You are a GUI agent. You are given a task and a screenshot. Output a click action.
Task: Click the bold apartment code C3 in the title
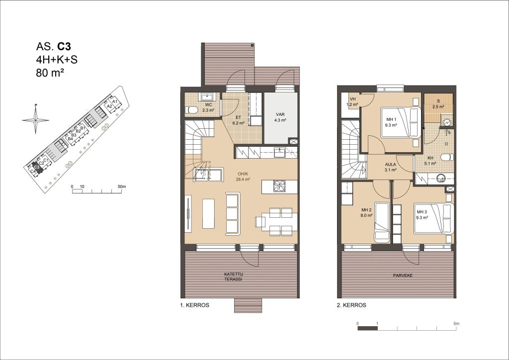64,47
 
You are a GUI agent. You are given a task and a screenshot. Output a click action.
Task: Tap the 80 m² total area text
50,73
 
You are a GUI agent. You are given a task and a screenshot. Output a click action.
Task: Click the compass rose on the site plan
35,120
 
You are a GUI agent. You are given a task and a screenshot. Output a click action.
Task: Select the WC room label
208,104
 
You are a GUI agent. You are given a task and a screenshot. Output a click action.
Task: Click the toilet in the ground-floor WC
191,110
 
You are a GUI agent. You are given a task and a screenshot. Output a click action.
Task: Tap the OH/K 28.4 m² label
243,176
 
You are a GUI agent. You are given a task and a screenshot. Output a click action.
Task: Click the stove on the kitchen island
279,186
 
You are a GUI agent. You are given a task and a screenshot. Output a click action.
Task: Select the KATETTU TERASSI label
233,276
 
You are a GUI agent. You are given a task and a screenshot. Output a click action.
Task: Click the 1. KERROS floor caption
195,305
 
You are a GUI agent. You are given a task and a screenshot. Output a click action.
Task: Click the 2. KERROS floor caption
351,305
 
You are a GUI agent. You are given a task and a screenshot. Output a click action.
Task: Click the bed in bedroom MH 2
382,222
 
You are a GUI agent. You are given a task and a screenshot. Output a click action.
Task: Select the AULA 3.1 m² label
391,167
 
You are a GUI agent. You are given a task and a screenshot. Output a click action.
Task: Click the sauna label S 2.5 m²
438,103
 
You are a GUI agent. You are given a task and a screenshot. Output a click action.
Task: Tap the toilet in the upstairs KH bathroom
447,158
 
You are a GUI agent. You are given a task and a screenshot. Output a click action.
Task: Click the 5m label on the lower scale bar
456,324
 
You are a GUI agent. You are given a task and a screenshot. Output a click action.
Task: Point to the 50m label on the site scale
122,186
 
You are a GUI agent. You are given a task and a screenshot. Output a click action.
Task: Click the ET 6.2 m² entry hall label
238,120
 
